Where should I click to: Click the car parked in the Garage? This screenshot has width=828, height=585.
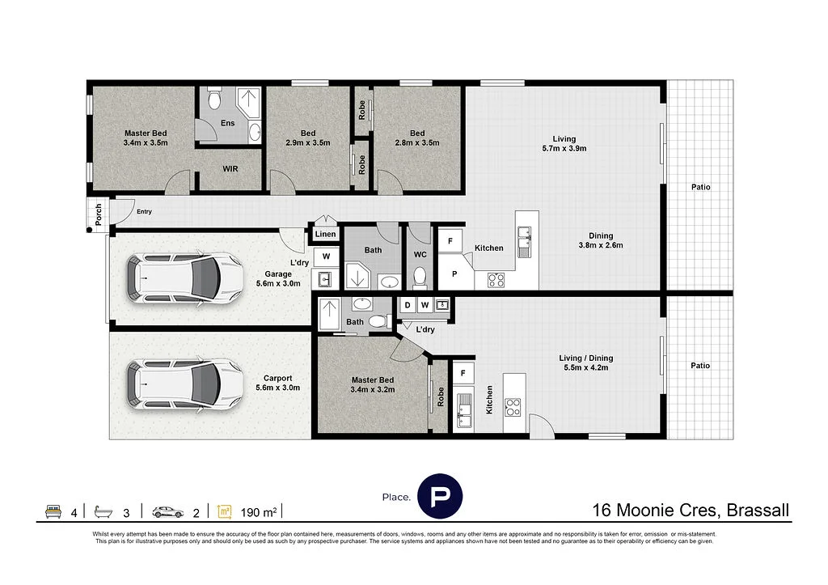pos(185,278)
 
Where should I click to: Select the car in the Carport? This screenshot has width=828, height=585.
pos(185,384)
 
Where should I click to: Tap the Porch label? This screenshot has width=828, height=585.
pos(99,214)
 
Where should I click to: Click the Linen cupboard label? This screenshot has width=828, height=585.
pos(325,234)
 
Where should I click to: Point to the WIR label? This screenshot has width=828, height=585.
pos(230,169)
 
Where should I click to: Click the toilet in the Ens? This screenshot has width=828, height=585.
pos(214,99)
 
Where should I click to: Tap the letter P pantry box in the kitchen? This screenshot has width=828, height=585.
pos(454,273)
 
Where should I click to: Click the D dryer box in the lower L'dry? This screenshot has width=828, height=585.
pos(408,305)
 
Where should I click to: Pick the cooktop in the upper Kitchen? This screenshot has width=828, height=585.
pos(496,279)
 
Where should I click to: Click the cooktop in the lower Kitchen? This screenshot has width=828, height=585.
pos(512,407)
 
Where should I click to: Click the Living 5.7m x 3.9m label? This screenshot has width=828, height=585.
pos(564,144)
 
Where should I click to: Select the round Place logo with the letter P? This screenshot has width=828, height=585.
pos(440,496)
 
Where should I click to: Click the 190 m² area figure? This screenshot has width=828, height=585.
pos(259,513)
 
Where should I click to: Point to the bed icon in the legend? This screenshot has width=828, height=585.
pos(53,511)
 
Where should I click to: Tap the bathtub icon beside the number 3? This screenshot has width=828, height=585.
pos(103,511)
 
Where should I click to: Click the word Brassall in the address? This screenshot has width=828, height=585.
pos(758,510)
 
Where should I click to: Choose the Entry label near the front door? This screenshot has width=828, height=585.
pos(144,211)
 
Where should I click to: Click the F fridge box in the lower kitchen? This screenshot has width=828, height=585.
pos(463,373)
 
